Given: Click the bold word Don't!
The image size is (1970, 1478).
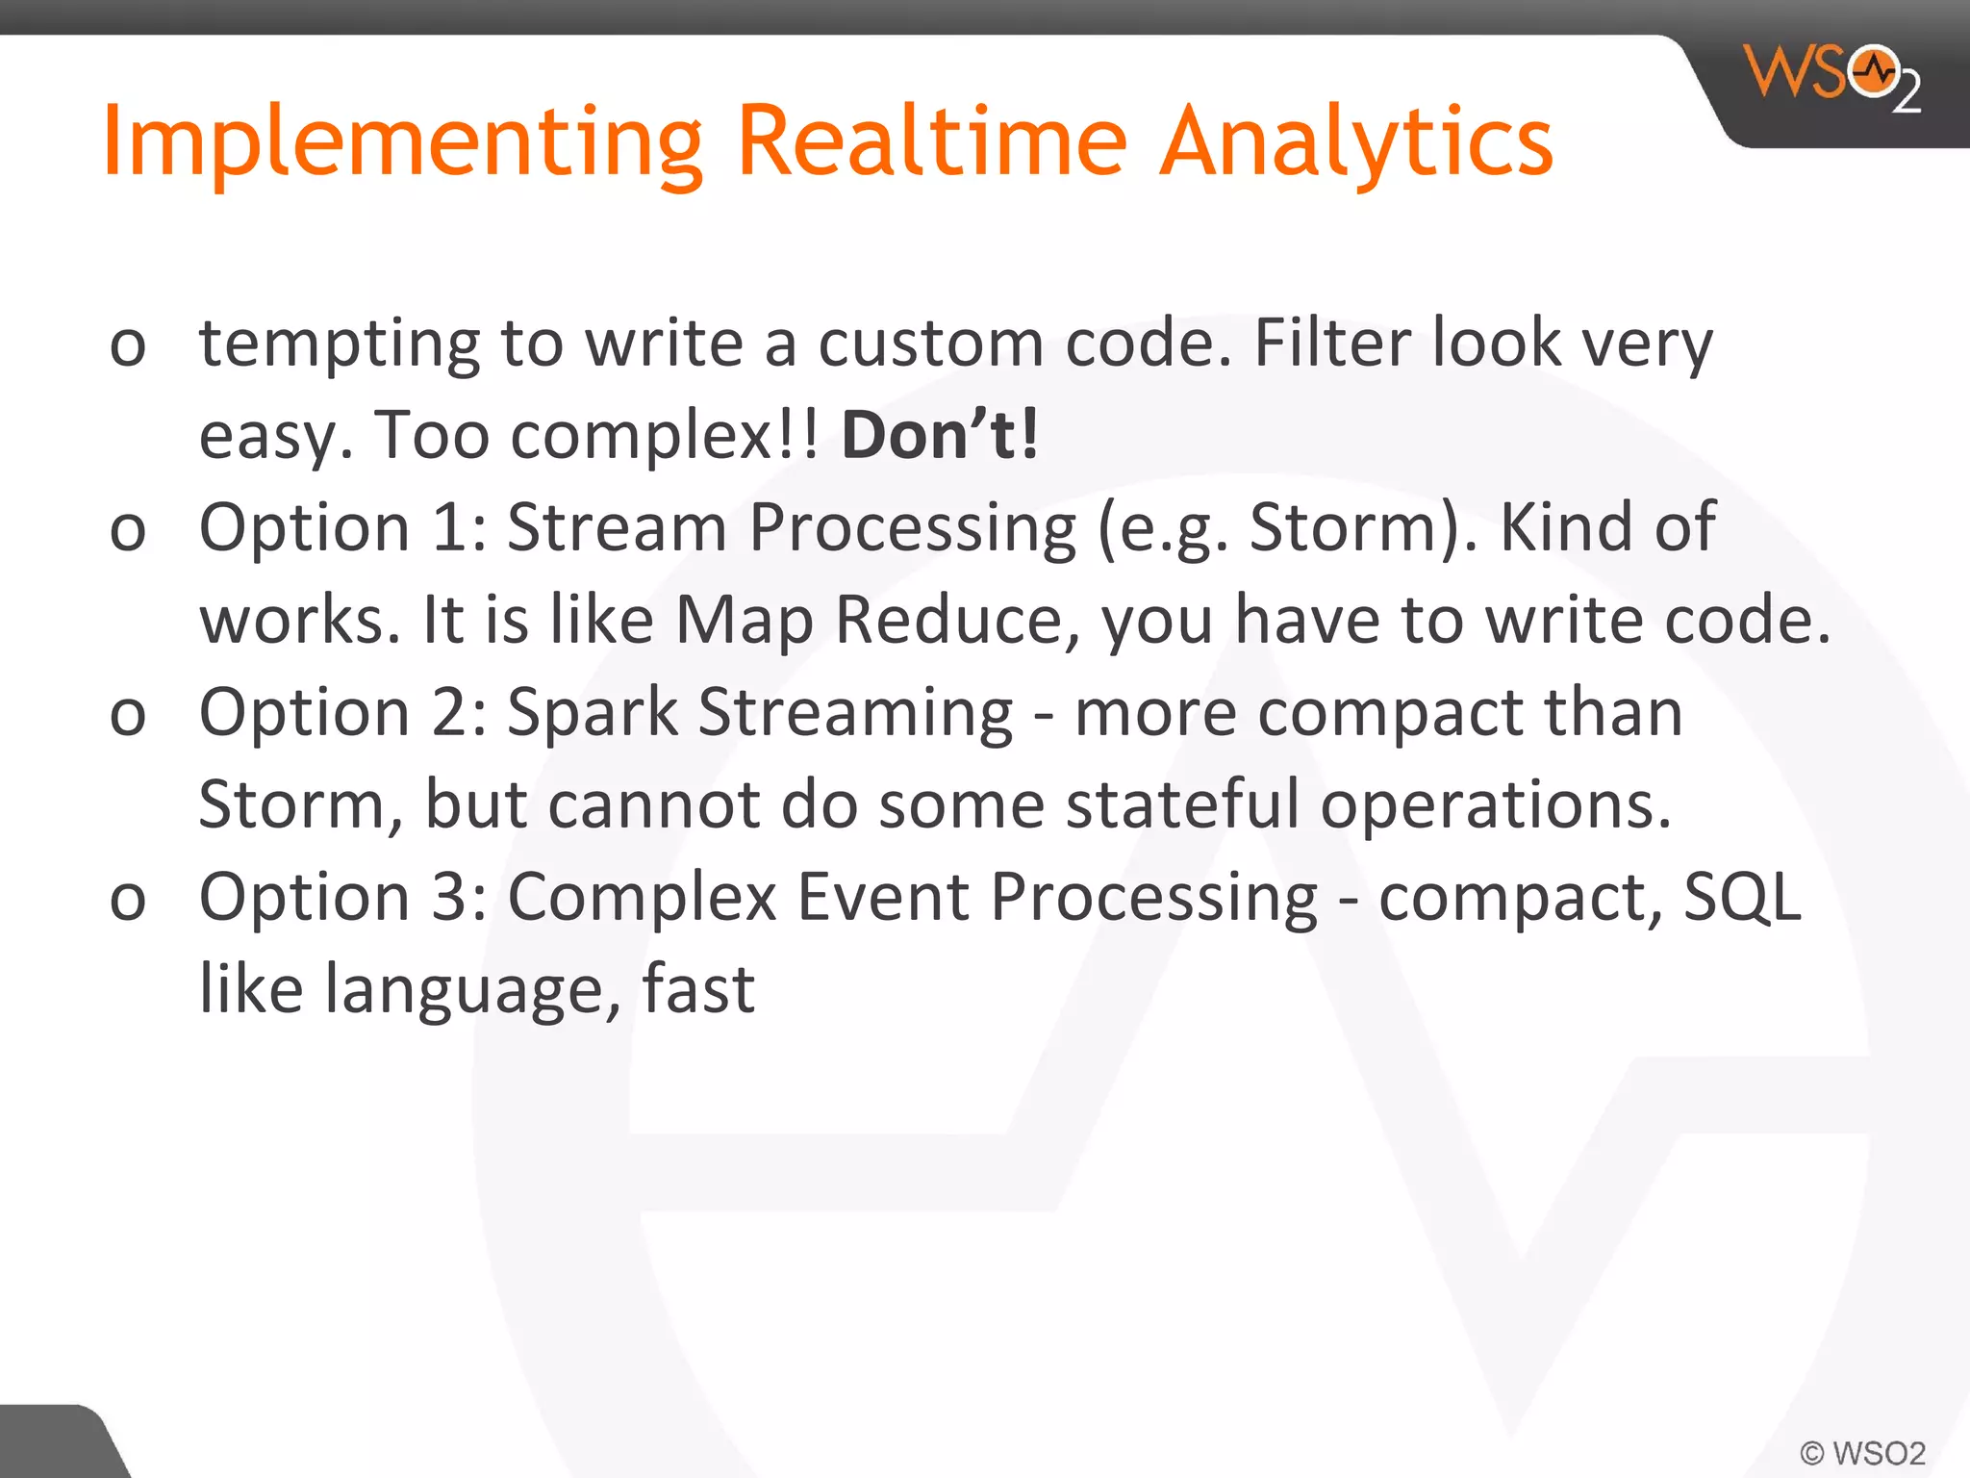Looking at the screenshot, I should coord(940,435).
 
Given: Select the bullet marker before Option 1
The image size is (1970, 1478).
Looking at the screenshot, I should coord(128,531).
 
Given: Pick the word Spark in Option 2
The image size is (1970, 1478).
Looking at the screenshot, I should coord(593,713).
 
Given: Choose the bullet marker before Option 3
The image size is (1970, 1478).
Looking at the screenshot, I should coord(128,901).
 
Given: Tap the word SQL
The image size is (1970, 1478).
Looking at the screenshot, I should coord(1742,897).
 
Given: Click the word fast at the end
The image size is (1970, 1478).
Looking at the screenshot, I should coord(698,989).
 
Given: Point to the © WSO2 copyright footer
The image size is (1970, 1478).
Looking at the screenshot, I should coord(1862,1452).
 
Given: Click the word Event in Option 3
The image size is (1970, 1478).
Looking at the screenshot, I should coord(882,897).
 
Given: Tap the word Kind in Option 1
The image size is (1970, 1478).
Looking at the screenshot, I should coord(1565,527).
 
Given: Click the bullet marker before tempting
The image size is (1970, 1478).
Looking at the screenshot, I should coord(128,346).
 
